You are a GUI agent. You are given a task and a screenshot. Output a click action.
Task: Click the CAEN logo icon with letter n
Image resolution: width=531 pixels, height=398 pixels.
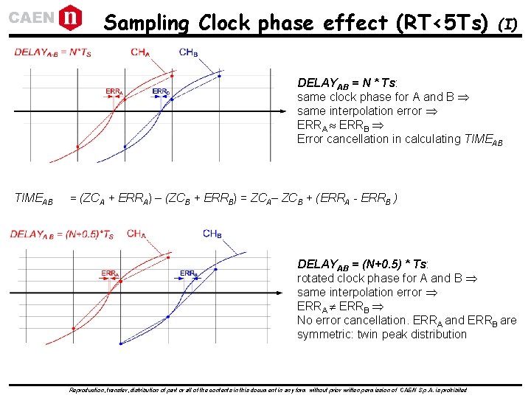70,15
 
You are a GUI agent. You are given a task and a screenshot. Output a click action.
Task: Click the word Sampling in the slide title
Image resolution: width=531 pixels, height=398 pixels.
146,23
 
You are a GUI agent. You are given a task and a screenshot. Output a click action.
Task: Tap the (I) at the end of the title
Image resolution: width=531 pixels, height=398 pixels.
509,24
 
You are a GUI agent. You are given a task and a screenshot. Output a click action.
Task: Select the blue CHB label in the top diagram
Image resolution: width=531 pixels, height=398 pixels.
188,52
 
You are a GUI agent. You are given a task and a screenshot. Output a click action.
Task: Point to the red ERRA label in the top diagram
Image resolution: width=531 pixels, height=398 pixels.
114,91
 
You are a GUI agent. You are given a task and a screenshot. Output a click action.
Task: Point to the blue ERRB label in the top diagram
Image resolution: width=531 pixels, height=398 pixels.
161,91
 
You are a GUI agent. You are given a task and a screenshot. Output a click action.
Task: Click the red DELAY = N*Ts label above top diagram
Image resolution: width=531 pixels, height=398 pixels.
52,52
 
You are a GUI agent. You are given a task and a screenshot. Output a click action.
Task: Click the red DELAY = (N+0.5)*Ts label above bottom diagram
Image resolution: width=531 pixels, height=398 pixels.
62,234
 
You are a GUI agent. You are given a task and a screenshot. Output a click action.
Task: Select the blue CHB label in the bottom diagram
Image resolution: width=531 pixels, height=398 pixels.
212,234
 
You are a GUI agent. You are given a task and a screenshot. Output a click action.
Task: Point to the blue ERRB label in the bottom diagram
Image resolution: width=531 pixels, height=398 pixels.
188,273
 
